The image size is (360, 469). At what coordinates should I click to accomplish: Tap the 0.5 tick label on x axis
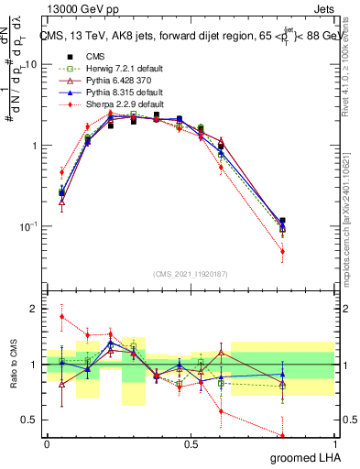pos(191,444)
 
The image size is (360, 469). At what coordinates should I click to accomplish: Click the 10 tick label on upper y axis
pos(30,65)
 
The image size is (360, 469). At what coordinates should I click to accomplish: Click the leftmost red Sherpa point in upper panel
pos(61,171)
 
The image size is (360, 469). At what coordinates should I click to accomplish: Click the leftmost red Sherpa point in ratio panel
pos(61,317)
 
